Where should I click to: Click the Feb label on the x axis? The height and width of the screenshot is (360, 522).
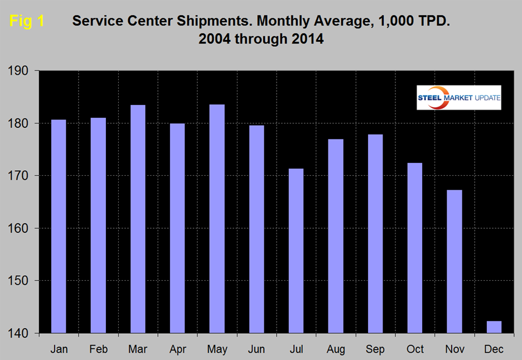[x=98, y=349]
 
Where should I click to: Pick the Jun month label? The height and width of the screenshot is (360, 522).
[x=257, y=349]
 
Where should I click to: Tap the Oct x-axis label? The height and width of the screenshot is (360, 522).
[x=415, y=349]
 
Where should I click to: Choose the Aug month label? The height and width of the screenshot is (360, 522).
[x=336, y=349]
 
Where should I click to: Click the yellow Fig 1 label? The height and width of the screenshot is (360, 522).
[x=27, y=22]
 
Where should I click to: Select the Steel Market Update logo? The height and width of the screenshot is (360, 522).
[x=458, y=98]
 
